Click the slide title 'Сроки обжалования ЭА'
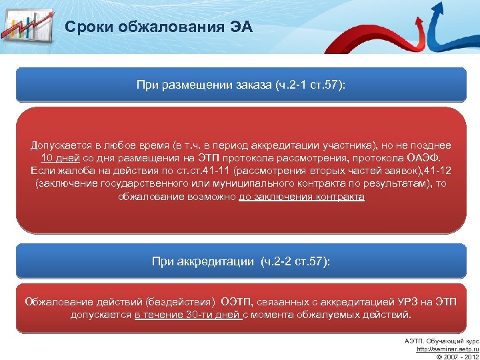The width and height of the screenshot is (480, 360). [159, 27]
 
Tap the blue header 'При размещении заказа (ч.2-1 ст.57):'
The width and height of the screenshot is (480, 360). [241, 85]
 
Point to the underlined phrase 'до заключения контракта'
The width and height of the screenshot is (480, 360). [301, 197]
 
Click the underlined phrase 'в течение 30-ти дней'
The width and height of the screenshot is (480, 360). [187, 314]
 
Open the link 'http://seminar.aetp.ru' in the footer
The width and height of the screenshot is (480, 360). [447, 349]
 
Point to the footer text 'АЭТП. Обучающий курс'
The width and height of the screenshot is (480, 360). [441, 341]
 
